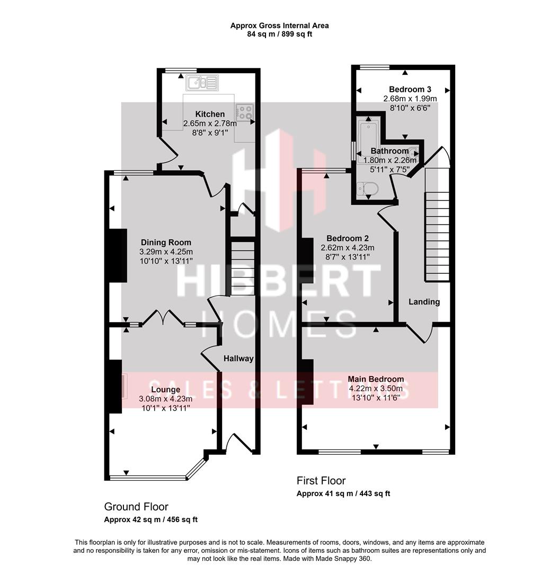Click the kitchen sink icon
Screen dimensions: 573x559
click(x=202, y=82)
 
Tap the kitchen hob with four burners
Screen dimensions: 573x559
click(x=244, y=112)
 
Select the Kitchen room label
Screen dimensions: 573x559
click(x=210, y=114)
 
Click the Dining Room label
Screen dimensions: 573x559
click(x=166, y=243)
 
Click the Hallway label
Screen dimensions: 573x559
click(x=238, y=359)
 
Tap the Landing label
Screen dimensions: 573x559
click(x=424, y=302)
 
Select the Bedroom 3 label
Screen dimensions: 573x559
click(x=410, y=89)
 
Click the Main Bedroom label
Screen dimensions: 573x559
click(x=376, y=379)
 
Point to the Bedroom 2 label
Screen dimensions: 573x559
click(x=347, y=238)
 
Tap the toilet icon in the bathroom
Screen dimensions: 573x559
click(x=367, y=188)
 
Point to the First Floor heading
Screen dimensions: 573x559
click(x=321, y=481)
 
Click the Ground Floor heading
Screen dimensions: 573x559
click(x=136, y=507)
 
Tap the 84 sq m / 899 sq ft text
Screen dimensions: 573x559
click(x=279, y=34)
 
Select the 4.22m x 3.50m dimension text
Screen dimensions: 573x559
click(x=375, y=388)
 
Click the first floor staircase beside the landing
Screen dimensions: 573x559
click(x=437, y=236)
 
